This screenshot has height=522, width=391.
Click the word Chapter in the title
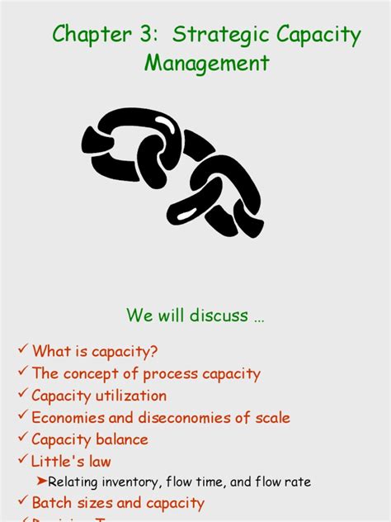85,35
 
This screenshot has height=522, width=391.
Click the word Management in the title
207,63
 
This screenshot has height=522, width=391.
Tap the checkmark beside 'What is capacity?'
22,351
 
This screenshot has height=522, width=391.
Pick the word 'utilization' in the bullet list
130,396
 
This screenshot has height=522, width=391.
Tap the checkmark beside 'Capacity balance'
22,439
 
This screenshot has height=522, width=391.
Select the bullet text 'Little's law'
71,462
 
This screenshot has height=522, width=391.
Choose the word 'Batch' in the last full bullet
51,503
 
